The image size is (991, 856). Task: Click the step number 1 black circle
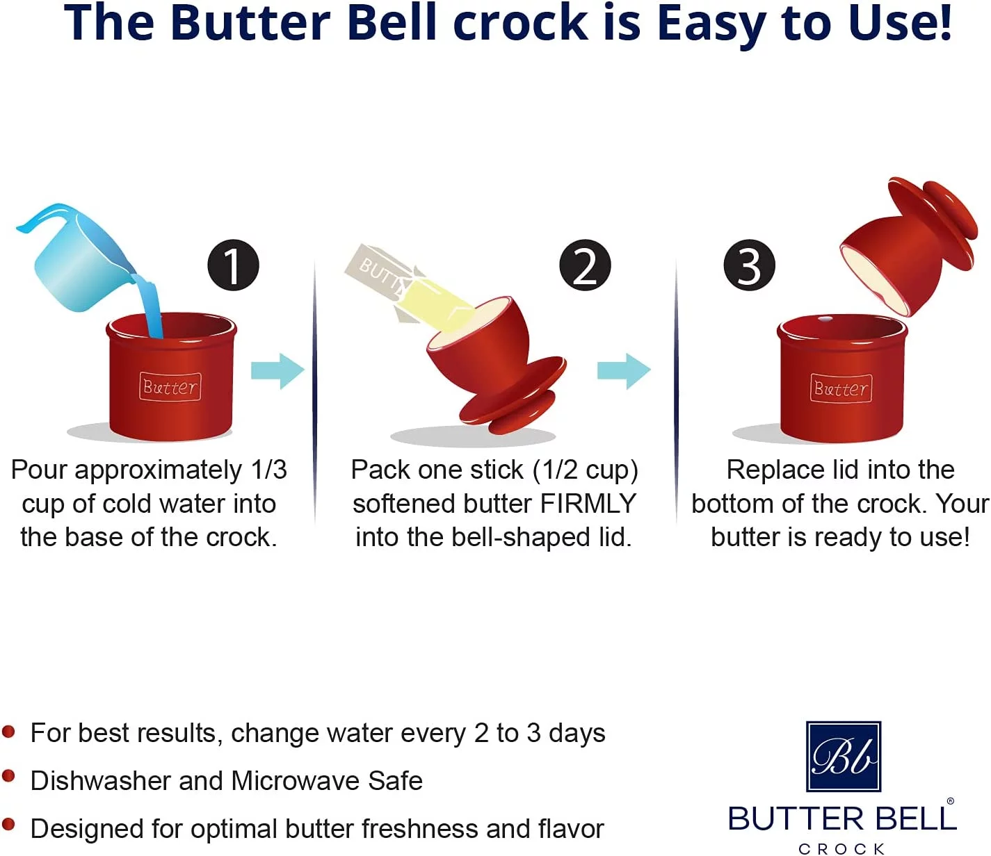233,265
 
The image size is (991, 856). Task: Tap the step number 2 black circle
585,265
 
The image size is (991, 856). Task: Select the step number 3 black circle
749,265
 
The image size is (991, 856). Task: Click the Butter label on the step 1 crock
170,387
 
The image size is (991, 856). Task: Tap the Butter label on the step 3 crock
841,388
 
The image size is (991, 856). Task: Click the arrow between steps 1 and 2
278,371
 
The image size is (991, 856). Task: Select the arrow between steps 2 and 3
624,371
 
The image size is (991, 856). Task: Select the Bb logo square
843,757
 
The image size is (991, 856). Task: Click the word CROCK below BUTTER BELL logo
841,848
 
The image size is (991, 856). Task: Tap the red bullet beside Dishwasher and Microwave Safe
9,776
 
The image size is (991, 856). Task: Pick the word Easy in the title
711,24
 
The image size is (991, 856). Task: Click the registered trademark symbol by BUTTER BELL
950,801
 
